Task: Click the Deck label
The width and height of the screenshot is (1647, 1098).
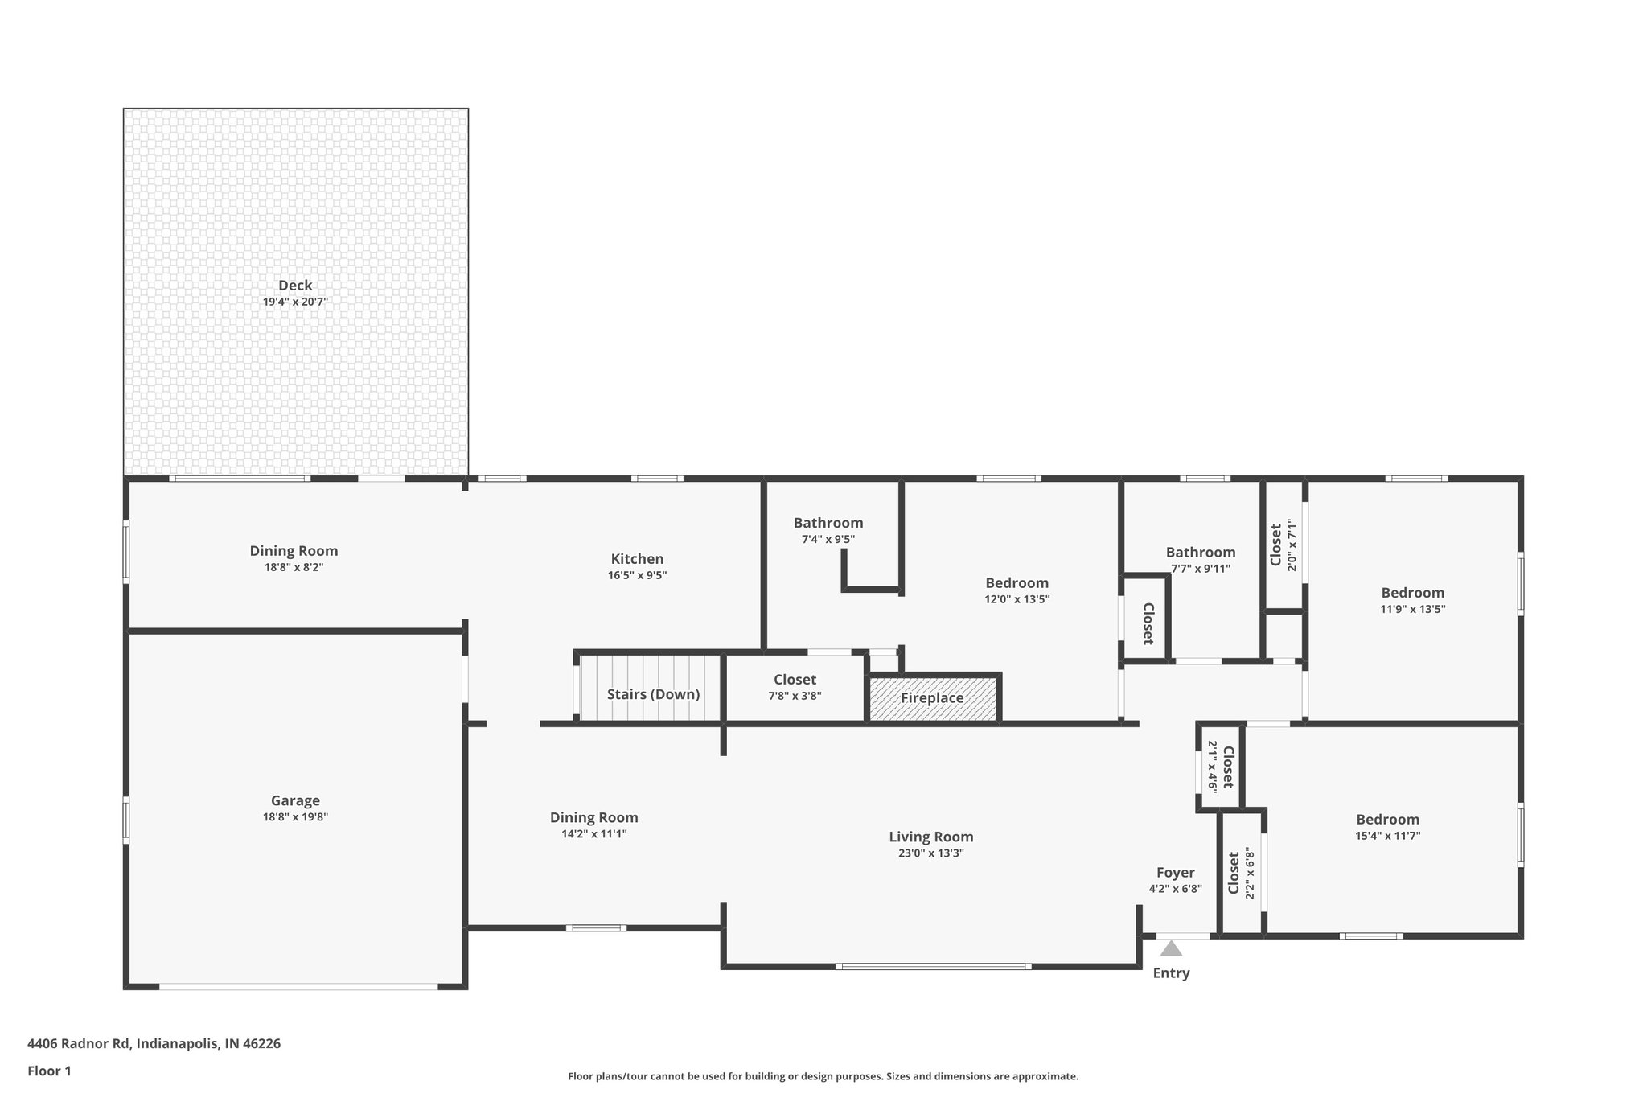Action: click(295, 286)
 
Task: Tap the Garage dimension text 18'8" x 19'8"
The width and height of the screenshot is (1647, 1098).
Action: click(295, 817)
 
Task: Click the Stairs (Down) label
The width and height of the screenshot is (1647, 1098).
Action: click(653, 694)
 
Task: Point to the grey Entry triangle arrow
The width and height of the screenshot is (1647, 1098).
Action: click(1171, 949)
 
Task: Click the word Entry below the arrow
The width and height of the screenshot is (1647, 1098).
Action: click(1171, 973)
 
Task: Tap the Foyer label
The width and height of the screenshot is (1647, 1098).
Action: click(1175, 873)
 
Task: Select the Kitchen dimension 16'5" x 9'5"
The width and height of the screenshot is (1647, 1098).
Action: click(637, 576)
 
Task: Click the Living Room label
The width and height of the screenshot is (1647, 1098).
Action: click(930, 837)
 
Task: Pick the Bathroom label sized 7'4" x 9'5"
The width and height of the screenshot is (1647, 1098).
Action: click(828, 524)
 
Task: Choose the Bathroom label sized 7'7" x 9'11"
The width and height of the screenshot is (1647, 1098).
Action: click(1201, 553)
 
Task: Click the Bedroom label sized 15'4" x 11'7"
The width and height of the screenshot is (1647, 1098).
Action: click(1387, 820)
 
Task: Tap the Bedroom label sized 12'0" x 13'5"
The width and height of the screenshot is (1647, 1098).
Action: click(1017, 583)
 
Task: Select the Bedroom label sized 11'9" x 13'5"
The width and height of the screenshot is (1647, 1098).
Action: click(1412, 594)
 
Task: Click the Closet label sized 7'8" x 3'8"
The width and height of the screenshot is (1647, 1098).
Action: click(795, 681)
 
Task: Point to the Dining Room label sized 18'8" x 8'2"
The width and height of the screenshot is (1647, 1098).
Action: click(294, 551)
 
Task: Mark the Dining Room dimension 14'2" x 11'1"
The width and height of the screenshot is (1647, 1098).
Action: click(593, 834)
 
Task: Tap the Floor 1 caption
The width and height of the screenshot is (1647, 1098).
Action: click(50, 1071)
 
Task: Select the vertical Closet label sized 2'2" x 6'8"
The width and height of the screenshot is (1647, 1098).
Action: click(1234, 874)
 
